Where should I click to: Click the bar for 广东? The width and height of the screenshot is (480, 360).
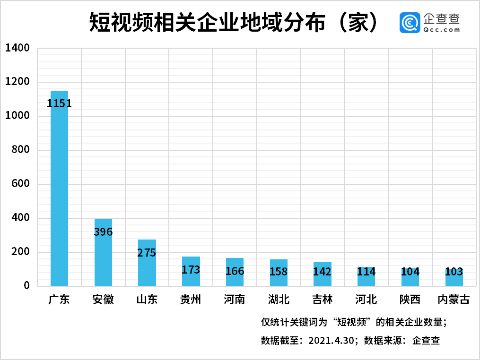(x=60, y=189)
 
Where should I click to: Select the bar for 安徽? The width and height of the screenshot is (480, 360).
(x=103, y=253)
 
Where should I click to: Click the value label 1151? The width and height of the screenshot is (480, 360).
(x=60, y=103)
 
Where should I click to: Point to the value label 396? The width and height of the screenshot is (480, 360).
(x=103, y=232)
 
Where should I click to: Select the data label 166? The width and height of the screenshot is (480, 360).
(x=235, y=271)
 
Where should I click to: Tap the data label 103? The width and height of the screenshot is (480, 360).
(x=454, y=272)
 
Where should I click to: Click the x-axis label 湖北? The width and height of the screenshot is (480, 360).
(x=279, y=300)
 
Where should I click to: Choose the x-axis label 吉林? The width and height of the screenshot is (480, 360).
(x=323, y=300)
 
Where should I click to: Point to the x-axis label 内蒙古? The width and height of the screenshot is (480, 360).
(x=454, y=300)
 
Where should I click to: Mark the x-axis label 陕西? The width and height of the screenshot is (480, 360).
(x=410, y=300)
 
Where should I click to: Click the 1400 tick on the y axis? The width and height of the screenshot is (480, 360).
(x=17, y=48)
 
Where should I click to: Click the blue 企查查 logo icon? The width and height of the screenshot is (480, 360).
(x=410, y=23)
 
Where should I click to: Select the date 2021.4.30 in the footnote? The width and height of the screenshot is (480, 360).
(x=331, y=340)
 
